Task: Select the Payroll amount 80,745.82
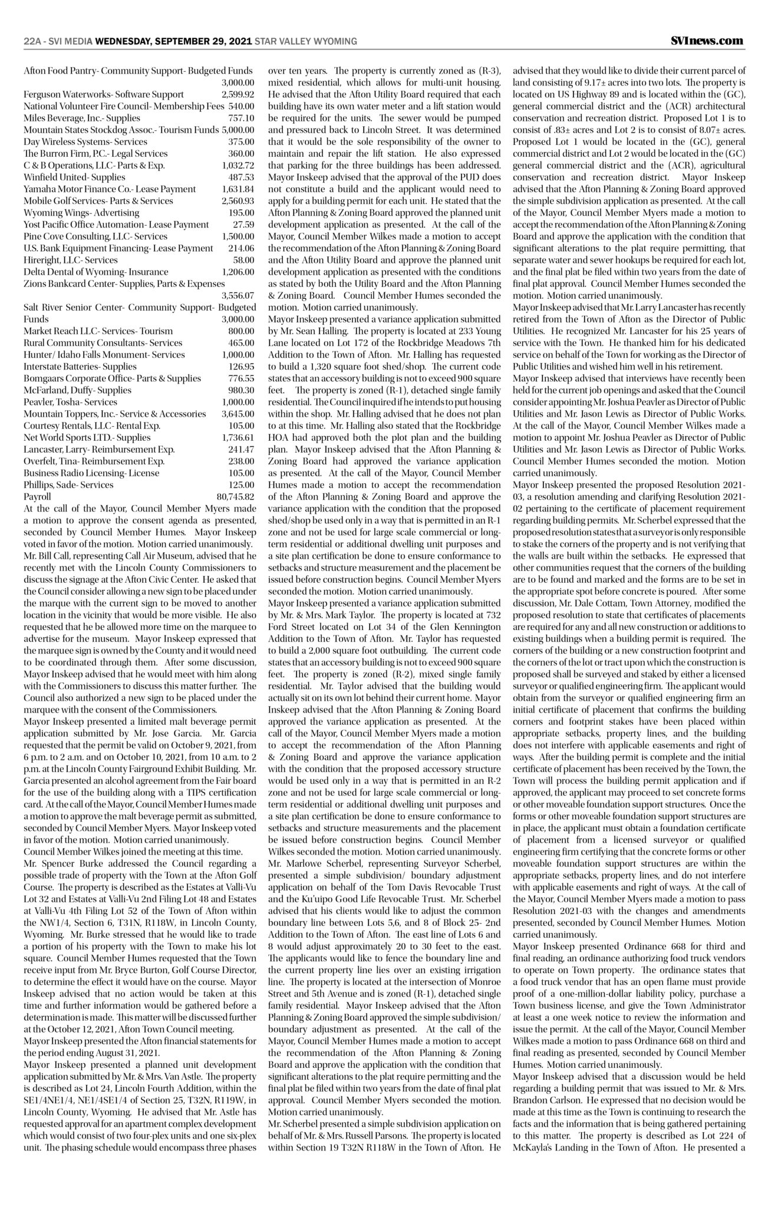tap(235, 496)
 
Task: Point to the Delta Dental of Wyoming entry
tap(95, 272)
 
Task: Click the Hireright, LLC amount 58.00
tap(243, 260)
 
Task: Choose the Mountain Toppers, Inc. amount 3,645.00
tap(238, 414)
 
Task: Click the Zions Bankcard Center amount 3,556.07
tap(238, 295)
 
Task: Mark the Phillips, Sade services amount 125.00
tap(241, 484)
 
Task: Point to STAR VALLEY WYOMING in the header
tap(306, 41)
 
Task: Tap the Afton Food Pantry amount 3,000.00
tap(238, 83)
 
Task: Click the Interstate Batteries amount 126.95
tap(241, 367)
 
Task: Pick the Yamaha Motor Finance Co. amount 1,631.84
tap(238, 189)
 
